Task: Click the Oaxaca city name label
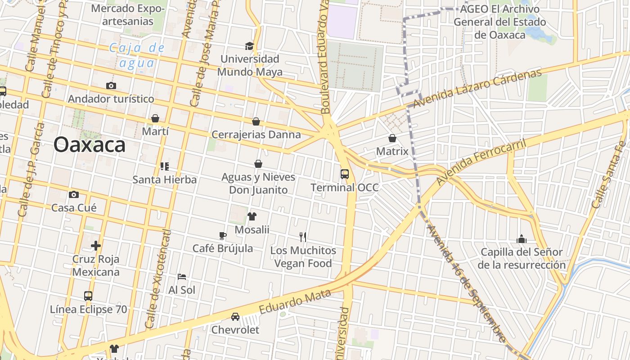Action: [89, 145]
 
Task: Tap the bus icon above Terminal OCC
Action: [345, 174]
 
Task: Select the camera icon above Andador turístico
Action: [111, 85]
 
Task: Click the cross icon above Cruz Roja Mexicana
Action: [96, 246]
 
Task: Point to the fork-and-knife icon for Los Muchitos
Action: [303, 237]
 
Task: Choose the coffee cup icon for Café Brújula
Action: [223, 235]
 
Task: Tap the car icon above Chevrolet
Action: [235, 316]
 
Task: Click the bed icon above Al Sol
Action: [182, 276]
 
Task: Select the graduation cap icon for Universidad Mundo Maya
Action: [249, 46]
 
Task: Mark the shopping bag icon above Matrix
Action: [392, 138]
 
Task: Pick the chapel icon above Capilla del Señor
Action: [522, 238]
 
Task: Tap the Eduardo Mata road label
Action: [295, 301]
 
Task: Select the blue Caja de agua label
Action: [137, 55]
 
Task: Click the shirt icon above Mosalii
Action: [252, 216]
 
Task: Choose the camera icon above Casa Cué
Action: [74, 194]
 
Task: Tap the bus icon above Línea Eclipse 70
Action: [88, 296]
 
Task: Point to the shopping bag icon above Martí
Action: [155, 118]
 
